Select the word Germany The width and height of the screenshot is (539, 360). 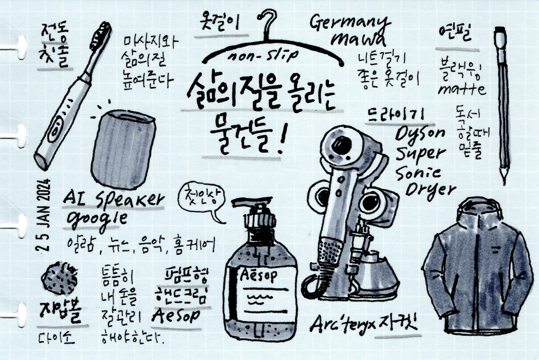coord(350,23)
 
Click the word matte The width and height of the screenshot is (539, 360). coord(462,90)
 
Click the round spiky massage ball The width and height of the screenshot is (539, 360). coord(59,278)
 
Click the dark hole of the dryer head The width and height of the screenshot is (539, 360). coord(342,145)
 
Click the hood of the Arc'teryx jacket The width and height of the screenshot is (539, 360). coord(480,211)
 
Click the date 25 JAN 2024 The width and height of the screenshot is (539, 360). coord(45,215)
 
